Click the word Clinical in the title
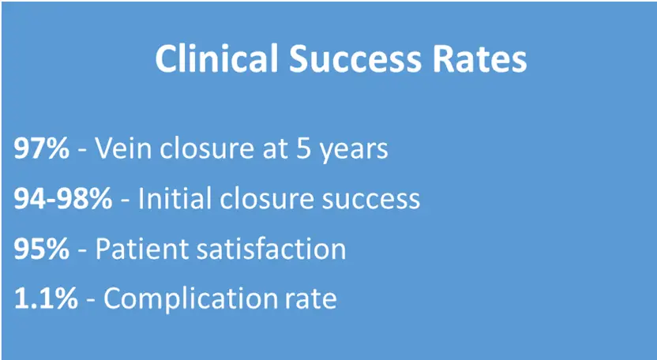pyautogui.click(x=216, y=58)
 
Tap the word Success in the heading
pyautogui.click(x=355, y=58)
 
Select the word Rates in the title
pyautogui.click(x=479, y=58)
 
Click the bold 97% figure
pyautogui.click(x=42, y=148)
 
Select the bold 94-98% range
pyautogui.click(x=63, y=198)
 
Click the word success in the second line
pyautogui.click(x=370, y=200)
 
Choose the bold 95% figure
pyautogui.click(x=42, y=249)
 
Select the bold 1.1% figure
pyautogui.click(x=46, y=298)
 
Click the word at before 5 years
pyautogui.click(x=275, y=149)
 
